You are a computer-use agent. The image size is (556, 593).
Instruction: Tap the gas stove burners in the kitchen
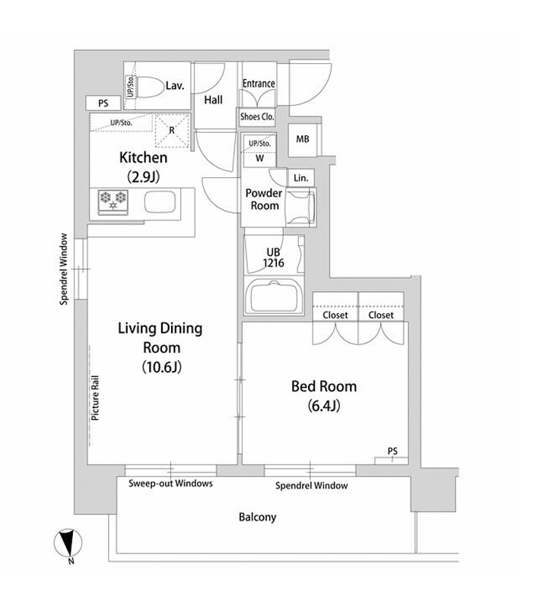coord(113,201)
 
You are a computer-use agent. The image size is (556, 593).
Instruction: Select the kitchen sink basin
coord(160,202)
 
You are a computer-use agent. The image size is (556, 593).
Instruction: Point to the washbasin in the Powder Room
coord(301,207)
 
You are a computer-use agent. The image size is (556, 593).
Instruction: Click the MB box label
coord(303,139)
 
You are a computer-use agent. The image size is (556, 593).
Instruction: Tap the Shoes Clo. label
coord(257,117)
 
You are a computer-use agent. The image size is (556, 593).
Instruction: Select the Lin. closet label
coord(301,178)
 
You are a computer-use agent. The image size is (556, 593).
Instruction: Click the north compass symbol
coord(68,544)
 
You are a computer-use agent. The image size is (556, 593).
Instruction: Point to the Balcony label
coord(257,517)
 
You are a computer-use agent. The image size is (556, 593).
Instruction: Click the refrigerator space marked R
coord(172,131)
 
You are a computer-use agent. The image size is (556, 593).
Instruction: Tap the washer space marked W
coord(259,158)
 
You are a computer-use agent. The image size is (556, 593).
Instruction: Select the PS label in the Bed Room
coord(392,451)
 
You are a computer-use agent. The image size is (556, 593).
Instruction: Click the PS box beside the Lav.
coord(103,103)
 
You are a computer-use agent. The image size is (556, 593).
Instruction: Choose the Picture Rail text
coord(95,398)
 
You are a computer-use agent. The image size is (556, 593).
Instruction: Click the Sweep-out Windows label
coord(170,484)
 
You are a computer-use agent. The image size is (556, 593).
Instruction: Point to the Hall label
coord(213,100)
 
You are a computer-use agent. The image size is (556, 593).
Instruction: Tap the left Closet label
coord(335,315)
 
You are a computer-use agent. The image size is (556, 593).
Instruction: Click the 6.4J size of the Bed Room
coord(324,406)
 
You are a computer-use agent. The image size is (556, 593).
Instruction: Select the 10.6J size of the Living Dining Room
coord(161,367)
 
